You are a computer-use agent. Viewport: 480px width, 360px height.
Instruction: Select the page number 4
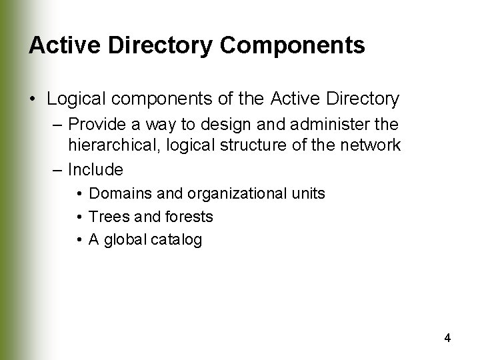pyautogui.click(x=447, y=338)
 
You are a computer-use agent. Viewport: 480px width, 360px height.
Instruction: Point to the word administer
pyautogui.click(x=333, y=124)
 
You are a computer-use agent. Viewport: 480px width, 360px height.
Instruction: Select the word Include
pyautogui.click(x=95, y=169)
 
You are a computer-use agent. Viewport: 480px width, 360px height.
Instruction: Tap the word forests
pyautogui.click(x=187, y=217)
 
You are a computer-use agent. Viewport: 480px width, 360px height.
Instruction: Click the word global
pyautogui.click(x=125, y=239)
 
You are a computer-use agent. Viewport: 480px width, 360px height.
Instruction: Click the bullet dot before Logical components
pyautogui.click(x=33, y=100)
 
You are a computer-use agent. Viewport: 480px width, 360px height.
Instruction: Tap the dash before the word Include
pyautogui.click(x=57, y=169)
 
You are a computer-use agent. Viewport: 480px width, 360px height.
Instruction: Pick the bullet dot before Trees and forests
pyautogui.click(x=79, y=217)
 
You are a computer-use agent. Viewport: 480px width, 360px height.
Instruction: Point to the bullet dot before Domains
pyautogui.click(x=79, y=194)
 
